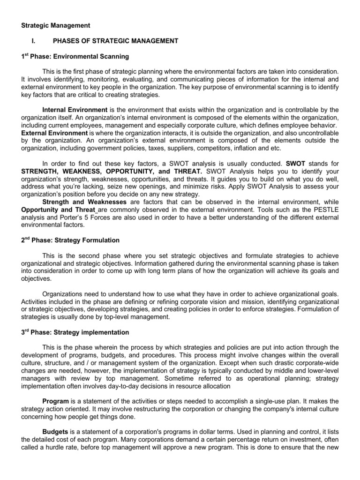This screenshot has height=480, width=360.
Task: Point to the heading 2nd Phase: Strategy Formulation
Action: [71, 240]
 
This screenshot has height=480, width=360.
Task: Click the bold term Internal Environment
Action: [75, 109]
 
